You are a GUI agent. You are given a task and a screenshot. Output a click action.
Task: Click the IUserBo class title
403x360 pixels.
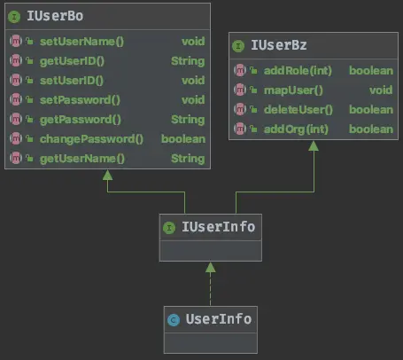click(x=55, y=16)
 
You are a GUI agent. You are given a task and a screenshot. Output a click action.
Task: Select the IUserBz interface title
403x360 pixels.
click(x=279, y=45)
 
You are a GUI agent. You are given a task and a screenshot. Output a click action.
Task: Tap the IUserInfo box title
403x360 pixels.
click(x=218, y=227)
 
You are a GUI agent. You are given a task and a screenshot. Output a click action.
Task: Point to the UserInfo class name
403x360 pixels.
click(x=219, y=319)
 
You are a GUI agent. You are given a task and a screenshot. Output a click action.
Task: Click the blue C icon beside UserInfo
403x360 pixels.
click(x=174, y=320)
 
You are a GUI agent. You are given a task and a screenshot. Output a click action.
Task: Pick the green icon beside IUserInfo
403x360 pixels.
click(x=169, y=228)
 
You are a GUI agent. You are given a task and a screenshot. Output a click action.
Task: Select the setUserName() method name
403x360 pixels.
click(x=82, y=42)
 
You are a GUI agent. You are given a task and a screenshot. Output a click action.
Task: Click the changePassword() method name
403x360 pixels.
click(x=91, y=139)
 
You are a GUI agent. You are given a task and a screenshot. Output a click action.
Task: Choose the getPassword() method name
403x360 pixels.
click(x=81, y=120)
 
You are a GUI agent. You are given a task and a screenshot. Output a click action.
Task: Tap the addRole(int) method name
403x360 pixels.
click(x=298, y=71)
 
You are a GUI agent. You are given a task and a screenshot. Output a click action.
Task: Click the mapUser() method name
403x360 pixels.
click(x=293, y=90)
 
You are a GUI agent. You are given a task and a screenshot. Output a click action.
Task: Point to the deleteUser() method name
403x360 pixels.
click(x=298, y=110)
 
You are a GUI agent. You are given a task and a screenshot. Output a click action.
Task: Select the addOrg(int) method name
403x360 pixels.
click(x=296, y=129)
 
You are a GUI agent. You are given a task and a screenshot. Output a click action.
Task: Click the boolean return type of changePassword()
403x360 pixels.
click(x=183, y=139)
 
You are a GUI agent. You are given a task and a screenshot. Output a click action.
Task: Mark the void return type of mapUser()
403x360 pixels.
click(x=381, y=90)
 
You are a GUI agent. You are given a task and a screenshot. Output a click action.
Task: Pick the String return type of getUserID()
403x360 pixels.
click(x=188, y=61)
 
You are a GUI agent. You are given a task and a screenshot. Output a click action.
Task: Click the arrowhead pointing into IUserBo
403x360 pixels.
click(x=107, y=175)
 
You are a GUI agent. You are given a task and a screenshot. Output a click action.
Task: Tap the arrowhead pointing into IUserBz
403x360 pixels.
click(x=314, y=145)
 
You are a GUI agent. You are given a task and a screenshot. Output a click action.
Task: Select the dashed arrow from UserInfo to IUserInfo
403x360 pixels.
click(x=210, y=284)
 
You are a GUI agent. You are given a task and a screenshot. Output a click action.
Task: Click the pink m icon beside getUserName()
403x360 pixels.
click(x=16, y=158)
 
